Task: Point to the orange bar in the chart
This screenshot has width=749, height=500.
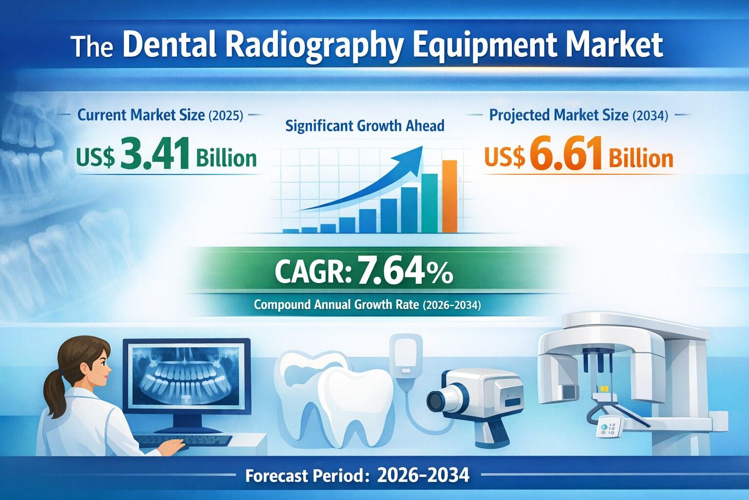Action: click(450, 196)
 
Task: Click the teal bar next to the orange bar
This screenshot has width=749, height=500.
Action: click(429, 203)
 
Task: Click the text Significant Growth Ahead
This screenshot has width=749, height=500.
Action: click(365, 126)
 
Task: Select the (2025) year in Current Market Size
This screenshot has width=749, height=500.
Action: click(226, 116)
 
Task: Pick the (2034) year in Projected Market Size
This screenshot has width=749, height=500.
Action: click(650, 116)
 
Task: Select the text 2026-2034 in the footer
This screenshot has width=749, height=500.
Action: click(423, 475)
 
